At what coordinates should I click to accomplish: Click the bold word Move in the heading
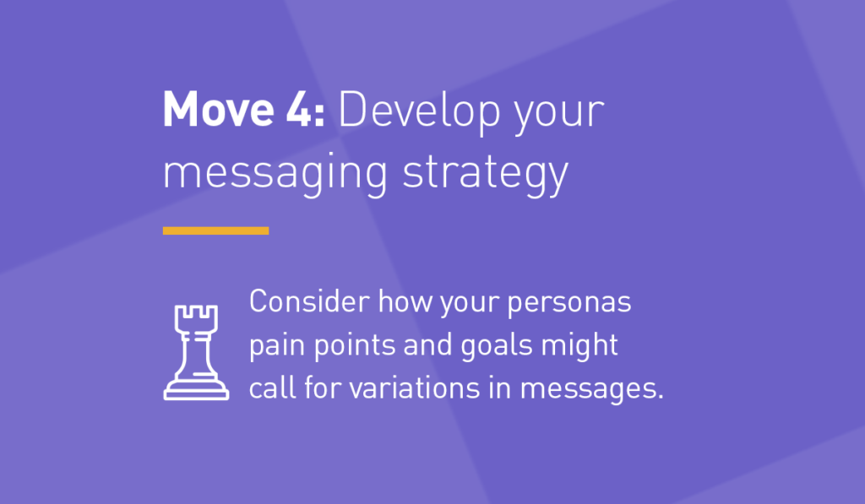click(x=219, y=110)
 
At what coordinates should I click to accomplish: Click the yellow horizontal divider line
click(x=215, y=230)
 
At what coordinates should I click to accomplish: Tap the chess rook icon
click(x=196, y=352)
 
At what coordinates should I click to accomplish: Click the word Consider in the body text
click(x=309, y=301)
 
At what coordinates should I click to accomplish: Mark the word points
click(x=355, y=347)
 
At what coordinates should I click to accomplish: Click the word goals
click(x=497, y=347)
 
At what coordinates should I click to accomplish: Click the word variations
click(x=414, y=387)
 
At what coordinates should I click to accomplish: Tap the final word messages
click(x=591, y=390)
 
